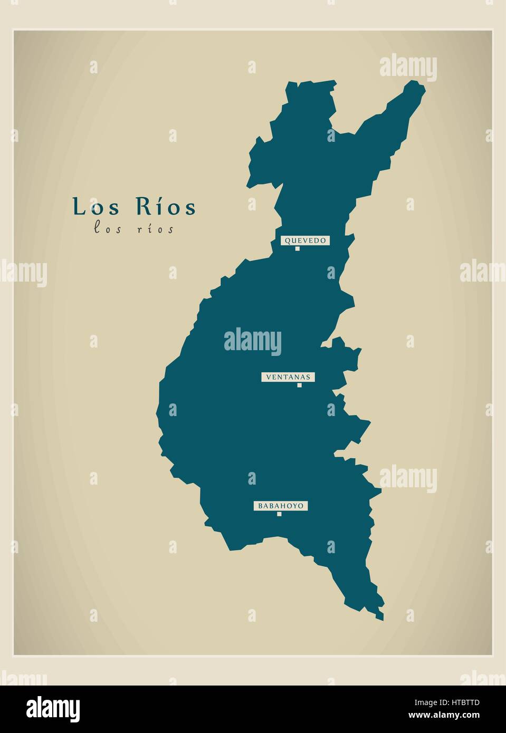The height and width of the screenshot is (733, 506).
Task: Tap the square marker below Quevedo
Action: click(297, 248)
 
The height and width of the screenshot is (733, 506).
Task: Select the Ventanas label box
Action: click(288, 377)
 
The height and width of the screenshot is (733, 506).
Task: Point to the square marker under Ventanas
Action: click(299, 385)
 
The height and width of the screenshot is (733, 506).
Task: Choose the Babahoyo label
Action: click(280, 506)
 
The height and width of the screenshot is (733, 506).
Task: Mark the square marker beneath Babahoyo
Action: click(279, 514)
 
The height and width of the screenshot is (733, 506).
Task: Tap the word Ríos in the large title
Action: click(167, 207)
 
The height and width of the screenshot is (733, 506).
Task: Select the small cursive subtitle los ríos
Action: click(133, 229)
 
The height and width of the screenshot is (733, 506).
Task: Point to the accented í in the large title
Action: click(156, 207)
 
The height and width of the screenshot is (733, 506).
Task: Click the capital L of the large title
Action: click(79, 207)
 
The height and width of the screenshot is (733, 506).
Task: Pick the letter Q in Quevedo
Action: click(287, 240)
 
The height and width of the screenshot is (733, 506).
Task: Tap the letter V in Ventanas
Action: click(269, 377)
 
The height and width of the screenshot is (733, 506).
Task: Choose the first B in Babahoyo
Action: click(260, 506)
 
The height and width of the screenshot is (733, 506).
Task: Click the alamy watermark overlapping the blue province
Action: click(252, 341)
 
